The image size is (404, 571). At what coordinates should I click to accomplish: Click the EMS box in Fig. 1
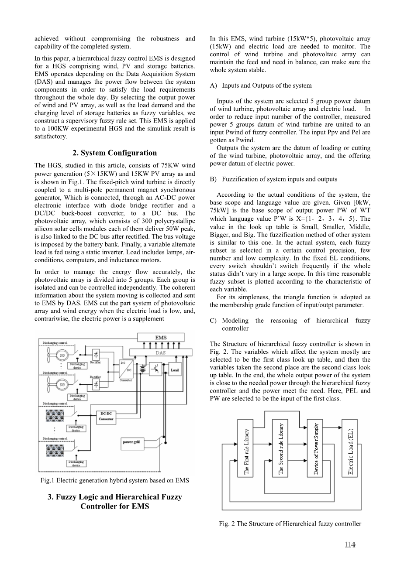click(161, 338)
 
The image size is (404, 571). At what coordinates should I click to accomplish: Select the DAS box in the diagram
click(160, 352)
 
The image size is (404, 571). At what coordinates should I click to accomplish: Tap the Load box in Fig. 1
click(175, 370)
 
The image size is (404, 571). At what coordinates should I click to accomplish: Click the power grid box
click(131, 442)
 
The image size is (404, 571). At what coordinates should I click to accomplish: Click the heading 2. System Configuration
click(114, 153)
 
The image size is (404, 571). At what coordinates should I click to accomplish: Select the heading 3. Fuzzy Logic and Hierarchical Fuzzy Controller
click(114, 502)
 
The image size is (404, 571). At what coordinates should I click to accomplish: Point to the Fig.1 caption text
click(114, 480)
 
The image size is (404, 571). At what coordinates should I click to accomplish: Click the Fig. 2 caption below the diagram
click(290, 523)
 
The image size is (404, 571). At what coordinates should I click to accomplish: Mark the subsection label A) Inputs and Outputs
click(261, 85)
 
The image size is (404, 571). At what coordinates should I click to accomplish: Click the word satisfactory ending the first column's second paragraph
click(51, 137)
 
